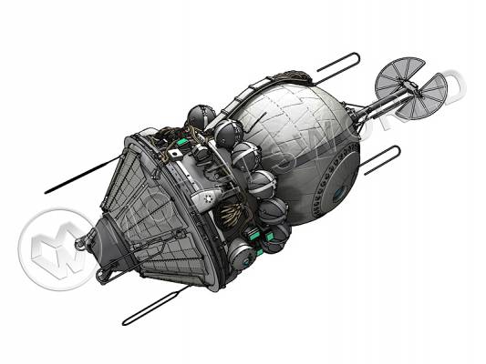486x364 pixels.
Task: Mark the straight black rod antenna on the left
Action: (x=73, y=181)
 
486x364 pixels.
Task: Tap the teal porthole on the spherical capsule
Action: (x=339, y=192)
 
